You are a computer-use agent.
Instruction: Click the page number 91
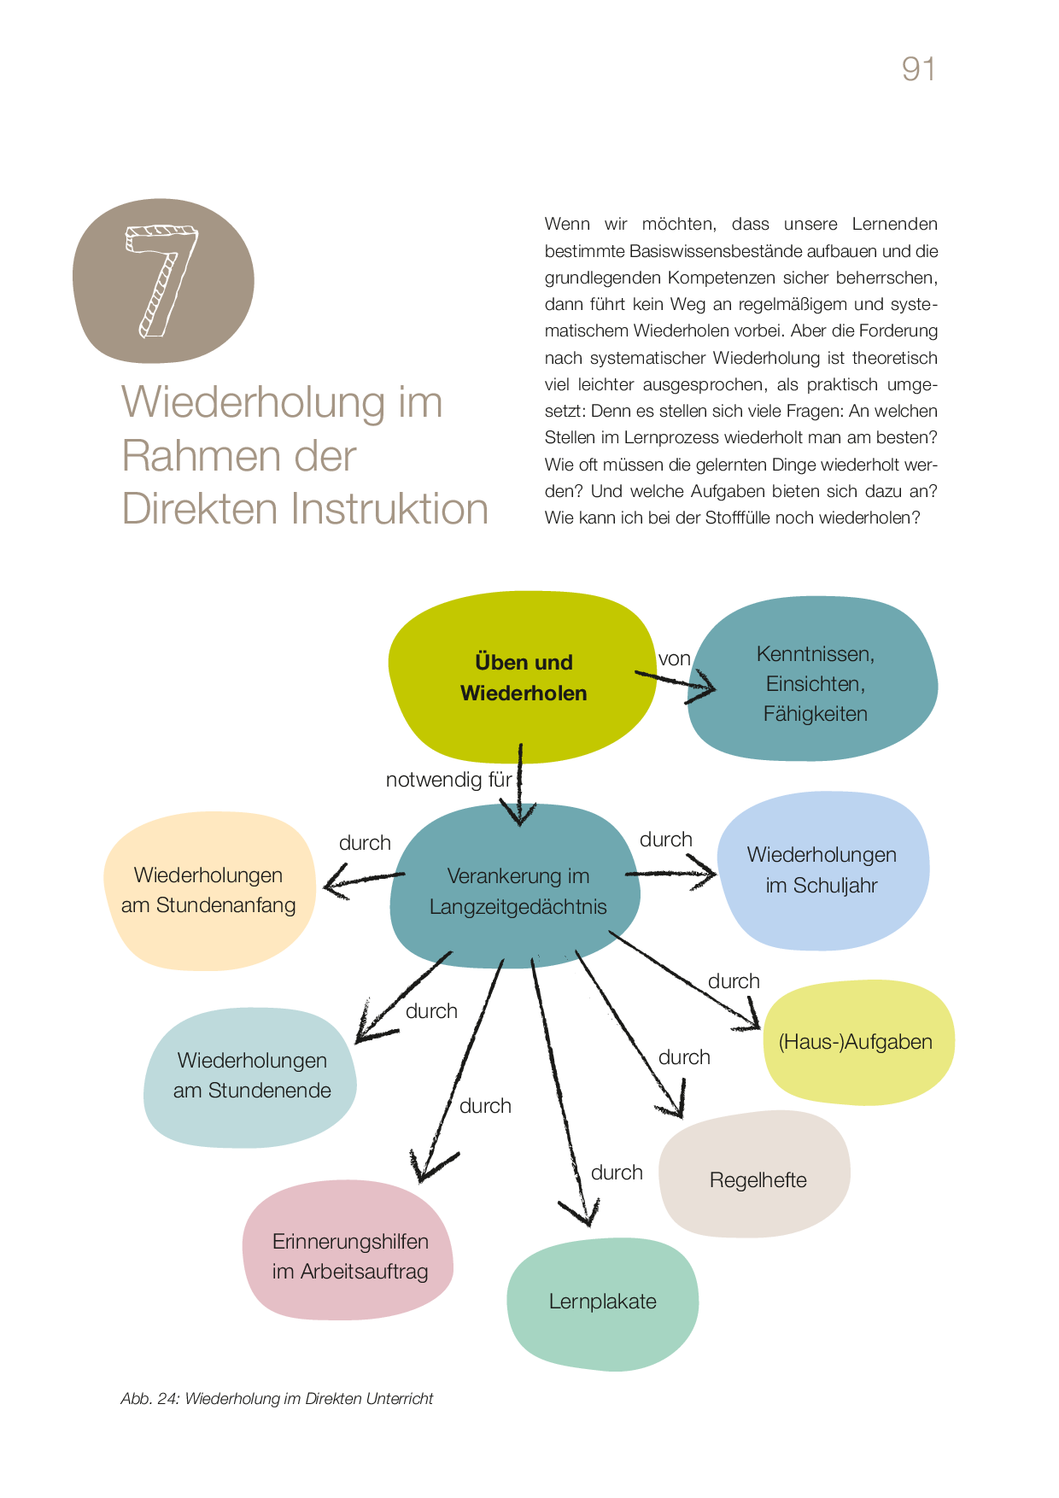pyautogui.click(x=918, y=69)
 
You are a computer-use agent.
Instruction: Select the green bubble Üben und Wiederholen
pyautogui.click(x=523, y=677)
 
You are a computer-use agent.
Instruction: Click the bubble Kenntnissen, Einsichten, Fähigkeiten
pyautogui.click(x=814, y=683)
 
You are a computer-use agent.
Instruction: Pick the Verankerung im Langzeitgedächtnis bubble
pyautogui.click(x=518, y=891)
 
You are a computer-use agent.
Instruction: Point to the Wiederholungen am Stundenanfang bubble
pyautogui.click(x=208, y=890)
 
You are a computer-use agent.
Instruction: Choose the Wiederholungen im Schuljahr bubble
pyautogui.click(x=822, y=870)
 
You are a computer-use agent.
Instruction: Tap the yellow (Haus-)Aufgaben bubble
pyautogui.click(x=856, y=1042)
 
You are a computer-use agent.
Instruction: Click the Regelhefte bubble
pyautogui.click(x=758, y=1179)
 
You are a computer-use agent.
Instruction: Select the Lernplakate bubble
pyautogui.click(x=602, y=1302)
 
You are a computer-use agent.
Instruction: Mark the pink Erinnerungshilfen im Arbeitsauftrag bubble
pyautogui.click(x=349, y=1256)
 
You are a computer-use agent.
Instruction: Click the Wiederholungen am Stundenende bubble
pyautogui.click(x=251, y=1075)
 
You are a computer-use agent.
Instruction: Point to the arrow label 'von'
pyautogui.click(x=674, y=658)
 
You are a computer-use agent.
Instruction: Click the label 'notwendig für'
pyautogui.click(x=448, y=780)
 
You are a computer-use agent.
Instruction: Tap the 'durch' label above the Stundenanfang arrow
pyautogui.click(x=365, y=843)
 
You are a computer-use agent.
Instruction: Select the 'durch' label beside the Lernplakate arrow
pyautogui.click(x=617, y=1173)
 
